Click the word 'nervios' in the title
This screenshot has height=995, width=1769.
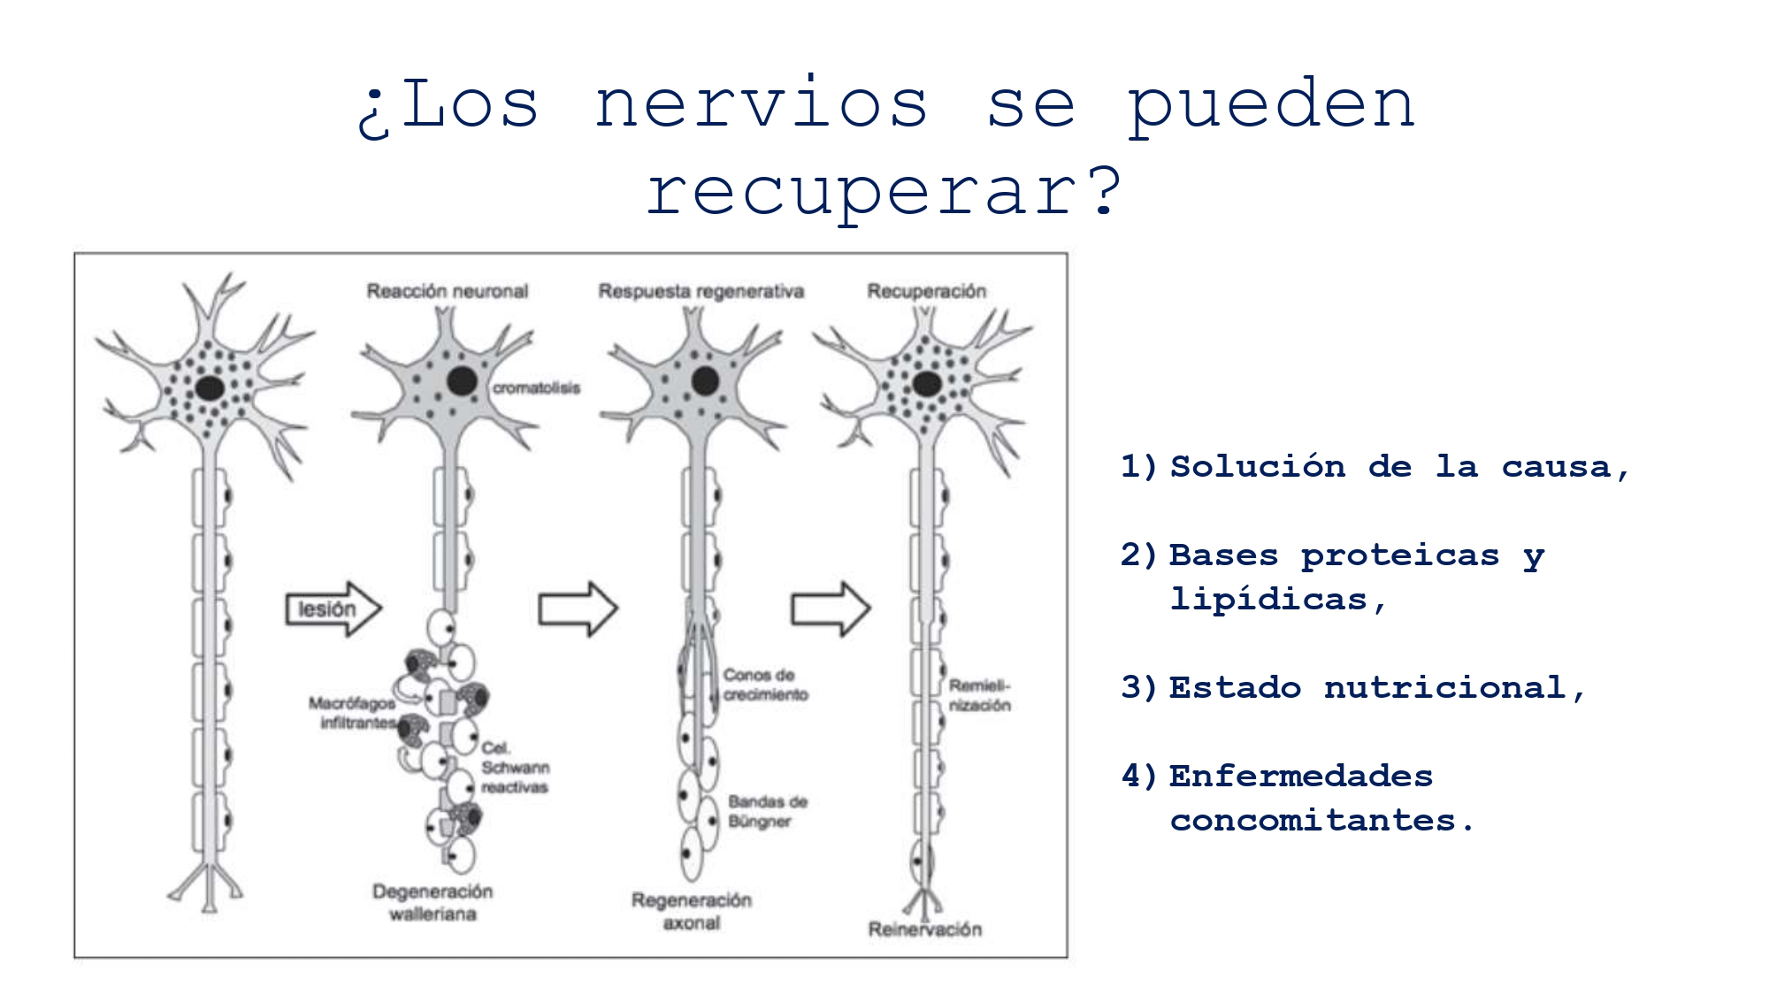761,105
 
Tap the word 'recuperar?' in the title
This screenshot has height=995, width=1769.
884,192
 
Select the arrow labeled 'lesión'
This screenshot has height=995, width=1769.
333,609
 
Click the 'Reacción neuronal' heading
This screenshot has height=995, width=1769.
447,291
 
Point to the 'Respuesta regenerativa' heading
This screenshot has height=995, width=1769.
701,291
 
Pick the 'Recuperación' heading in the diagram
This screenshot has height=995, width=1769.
926,291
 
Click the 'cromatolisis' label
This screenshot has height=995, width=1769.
536,388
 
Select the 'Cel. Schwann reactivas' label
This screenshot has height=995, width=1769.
515,768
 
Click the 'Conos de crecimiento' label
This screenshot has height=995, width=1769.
765,685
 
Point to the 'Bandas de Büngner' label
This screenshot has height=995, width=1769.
767,811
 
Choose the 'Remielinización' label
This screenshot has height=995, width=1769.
979,695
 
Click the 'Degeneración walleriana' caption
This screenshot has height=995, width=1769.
433,902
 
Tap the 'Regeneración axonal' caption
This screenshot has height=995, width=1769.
692,911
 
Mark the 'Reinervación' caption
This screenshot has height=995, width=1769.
925,930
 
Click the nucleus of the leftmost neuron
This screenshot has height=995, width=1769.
210,387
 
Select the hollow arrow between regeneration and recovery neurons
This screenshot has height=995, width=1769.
831,608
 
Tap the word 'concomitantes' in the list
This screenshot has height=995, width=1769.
1313,821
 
